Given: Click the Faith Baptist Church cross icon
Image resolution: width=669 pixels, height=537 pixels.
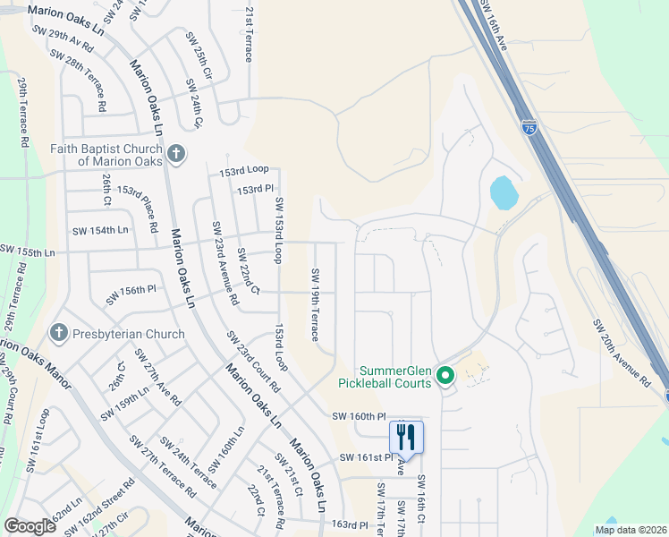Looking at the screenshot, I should (175, 153).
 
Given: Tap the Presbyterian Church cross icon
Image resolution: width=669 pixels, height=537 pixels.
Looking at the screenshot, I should (60, 334).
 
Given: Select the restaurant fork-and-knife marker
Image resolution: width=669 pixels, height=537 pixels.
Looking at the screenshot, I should (406, 437).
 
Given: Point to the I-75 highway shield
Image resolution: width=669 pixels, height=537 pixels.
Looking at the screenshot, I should (529, 127).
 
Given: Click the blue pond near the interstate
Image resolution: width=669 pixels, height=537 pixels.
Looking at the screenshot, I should (503, 192).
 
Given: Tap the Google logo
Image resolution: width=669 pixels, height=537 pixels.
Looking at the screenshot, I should (30, 526).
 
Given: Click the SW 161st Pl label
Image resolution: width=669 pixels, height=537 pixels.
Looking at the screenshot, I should (367, 457).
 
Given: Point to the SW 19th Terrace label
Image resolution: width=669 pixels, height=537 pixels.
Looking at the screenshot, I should (315, 304).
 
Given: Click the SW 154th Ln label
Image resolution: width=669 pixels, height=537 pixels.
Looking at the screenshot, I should (102, 231).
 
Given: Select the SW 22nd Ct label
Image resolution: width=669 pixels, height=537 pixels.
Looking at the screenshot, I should (248, 274).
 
